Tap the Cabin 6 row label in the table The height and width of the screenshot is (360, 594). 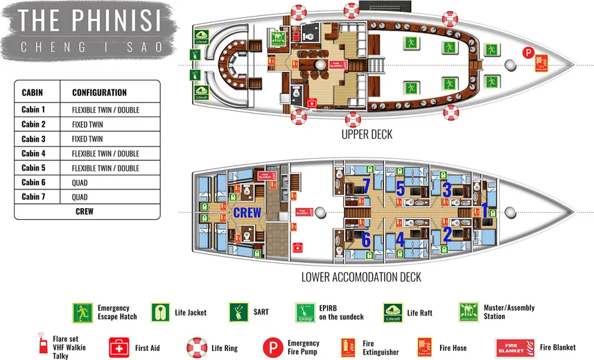33,182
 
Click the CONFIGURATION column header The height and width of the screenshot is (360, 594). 99,92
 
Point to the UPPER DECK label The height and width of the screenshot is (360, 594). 367,135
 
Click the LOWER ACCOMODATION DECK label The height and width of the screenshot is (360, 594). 360,277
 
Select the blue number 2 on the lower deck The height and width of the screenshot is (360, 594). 447,234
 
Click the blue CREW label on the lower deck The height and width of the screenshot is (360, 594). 247,213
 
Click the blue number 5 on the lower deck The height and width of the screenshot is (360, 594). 401,188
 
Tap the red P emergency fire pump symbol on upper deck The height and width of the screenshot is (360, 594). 527,52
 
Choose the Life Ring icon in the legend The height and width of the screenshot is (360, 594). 197,347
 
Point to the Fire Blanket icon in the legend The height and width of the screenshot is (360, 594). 514,347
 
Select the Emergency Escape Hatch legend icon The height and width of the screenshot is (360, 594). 83,312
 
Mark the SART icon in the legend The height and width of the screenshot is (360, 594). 238,312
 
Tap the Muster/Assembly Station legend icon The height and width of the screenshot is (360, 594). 469,312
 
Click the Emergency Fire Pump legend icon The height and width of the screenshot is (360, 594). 270,347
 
